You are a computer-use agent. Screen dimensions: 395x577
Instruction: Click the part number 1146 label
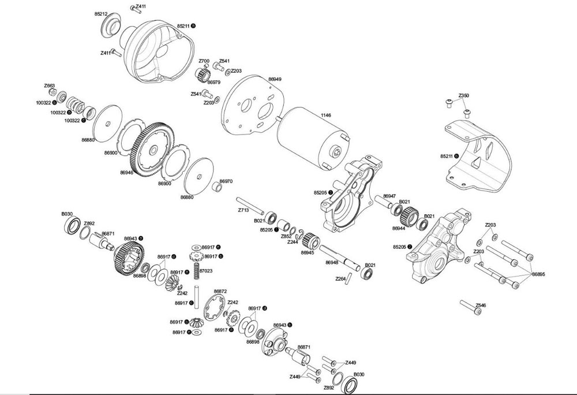point(326,115)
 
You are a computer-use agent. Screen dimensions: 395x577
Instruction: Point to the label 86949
point(275,79)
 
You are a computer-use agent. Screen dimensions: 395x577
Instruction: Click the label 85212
point(101,13)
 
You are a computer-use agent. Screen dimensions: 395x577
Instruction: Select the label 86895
point(538,274)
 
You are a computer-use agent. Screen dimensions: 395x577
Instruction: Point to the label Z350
point(464,95)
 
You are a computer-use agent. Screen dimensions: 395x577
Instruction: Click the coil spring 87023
point(196,272)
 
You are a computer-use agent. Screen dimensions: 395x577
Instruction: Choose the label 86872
point(220,291)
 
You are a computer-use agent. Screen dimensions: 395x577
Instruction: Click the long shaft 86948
point(340,256)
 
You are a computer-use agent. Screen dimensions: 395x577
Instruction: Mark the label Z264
point(340,278)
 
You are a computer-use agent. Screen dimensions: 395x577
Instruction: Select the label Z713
point(243,210)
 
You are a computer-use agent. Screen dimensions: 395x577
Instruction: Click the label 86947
point(390,196)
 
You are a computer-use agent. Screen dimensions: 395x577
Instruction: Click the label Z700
point(204,61)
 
